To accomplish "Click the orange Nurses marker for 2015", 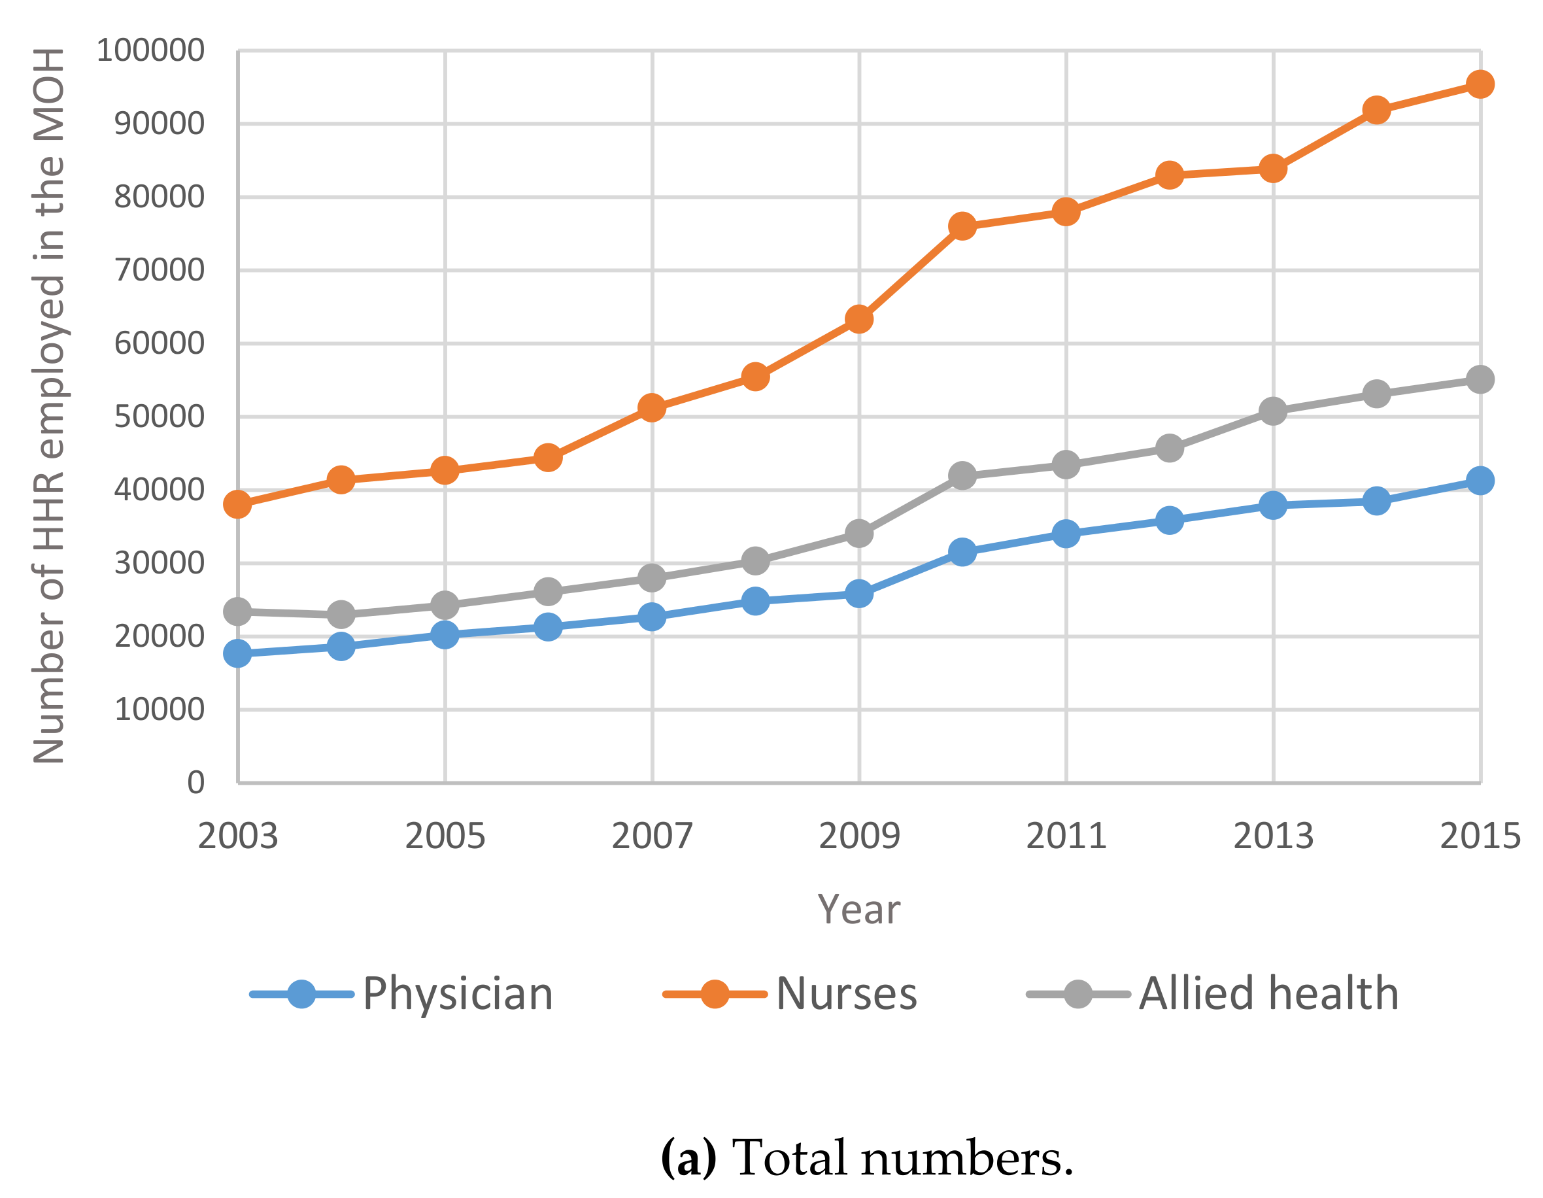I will tap(1480, 84).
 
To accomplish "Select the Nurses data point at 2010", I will tap(962, 227).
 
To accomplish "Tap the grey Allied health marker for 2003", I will tap(237, 611).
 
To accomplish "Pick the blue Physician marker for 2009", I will tap(858, 594).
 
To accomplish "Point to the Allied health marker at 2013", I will tap(1272, 411).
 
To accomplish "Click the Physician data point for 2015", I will tap(1480, 481).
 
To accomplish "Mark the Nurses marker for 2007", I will tap(651, 408).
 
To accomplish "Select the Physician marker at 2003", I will tap(237, 653).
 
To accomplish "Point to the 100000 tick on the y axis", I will tap(150, 51).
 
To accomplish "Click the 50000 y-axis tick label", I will tap(159, 417).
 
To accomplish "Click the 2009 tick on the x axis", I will tap(858, 836).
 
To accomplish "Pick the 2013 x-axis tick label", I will tap(1272, 836).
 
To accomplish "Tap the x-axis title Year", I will tap(858, 910).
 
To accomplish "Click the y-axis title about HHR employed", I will tap(50, 406).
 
